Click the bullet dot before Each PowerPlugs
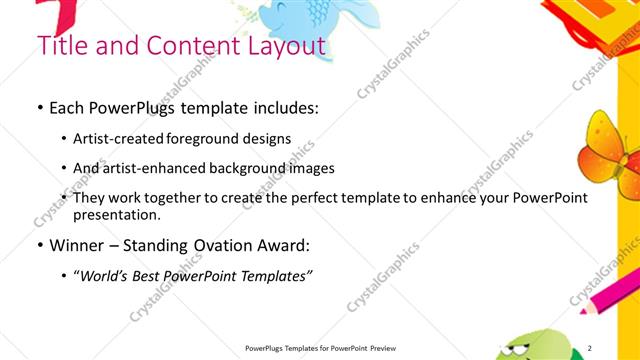coord(39,106)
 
